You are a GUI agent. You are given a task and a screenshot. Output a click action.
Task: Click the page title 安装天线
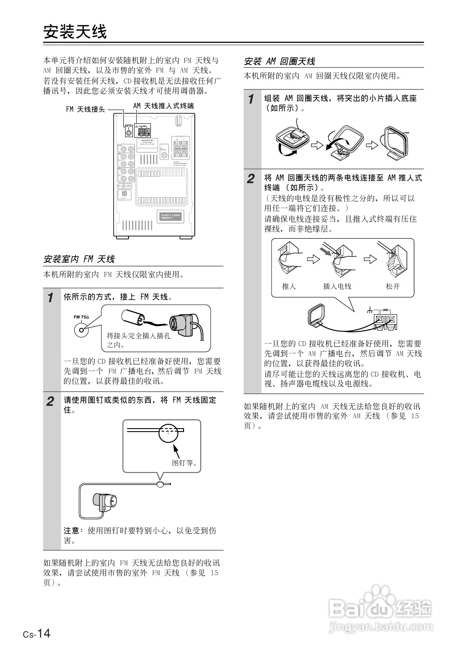pos(75,32)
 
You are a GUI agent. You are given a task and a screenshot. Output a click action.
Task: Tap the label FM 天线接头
pos(85,109)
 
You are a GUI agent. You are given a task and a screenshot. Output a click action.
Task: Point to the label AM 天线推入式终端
pos(163,106)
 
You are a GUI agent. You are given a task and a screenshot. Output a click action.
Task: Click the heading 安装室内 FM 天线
pos(79,259)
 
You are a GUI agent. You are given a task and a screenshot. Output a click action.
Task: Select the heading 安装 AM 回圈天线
pos(279,61)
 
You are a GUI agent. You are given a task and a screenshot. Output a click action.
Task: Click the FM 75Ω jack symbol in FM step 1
pos(80,330)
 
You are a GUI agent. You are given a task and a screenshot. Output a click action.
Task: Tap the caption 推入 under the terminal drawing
pos(289,286)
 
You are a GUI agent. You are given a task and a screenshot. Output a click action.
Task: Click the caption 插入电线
pos(337,286)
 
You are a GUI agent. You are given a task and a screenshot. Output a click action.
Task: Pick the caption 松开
pos(393,286)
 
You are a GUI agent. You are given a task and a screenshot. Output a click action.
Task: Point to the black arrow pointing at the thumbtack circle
pos(176,451)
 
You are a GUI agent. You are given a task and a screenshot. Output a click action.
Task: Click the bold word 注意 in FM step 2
pos(71,531)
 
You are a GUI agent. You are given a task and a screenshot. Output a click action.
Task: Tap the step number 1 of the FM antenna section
pos(51,297)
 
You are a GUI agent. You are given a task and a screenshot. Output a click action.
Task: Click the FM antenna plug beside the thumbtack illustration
pos(105,501)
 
